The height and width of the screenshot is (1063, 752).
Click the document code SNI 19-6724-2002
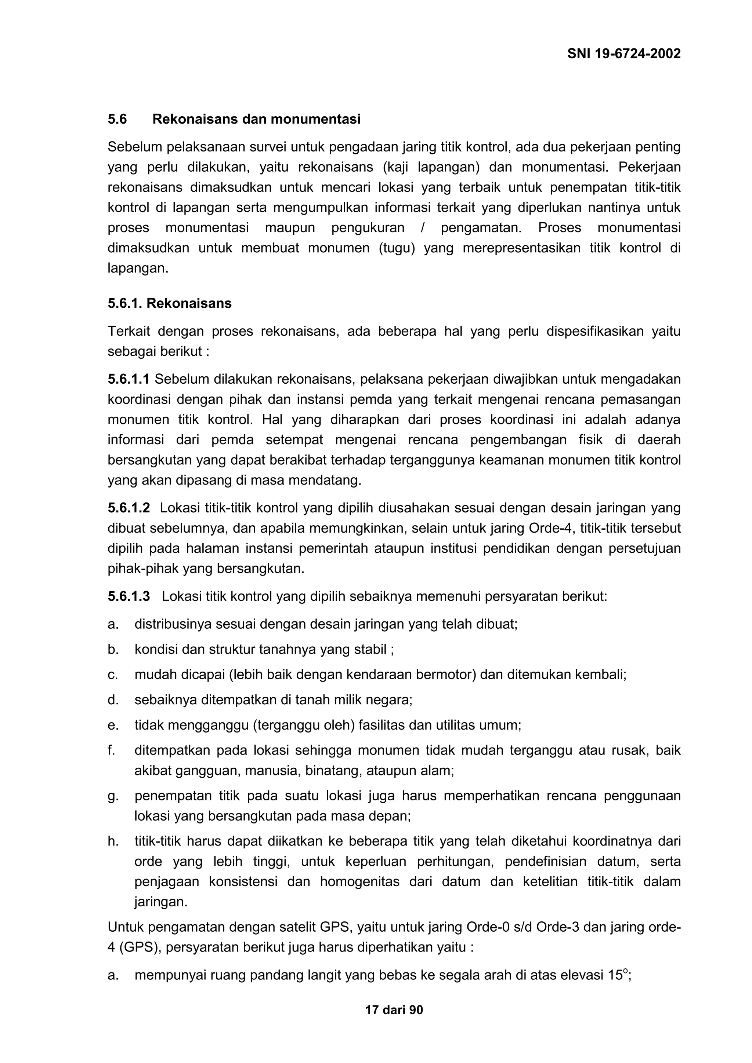(x=623, y=54)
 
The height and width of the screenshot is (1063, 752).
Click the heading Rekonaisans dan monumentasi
(x=256, y=120)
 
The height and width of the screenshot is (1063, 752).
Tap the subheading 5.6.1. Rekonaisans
(x=170, y=303)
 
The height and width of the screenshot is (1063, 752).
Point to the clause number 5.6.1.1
(x=129, y=379)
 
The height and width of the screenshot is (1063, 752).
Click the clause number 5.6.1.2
(x=129, y=508)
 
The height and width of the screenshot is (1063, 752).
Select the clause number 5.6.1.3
(x=129, y=596)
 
